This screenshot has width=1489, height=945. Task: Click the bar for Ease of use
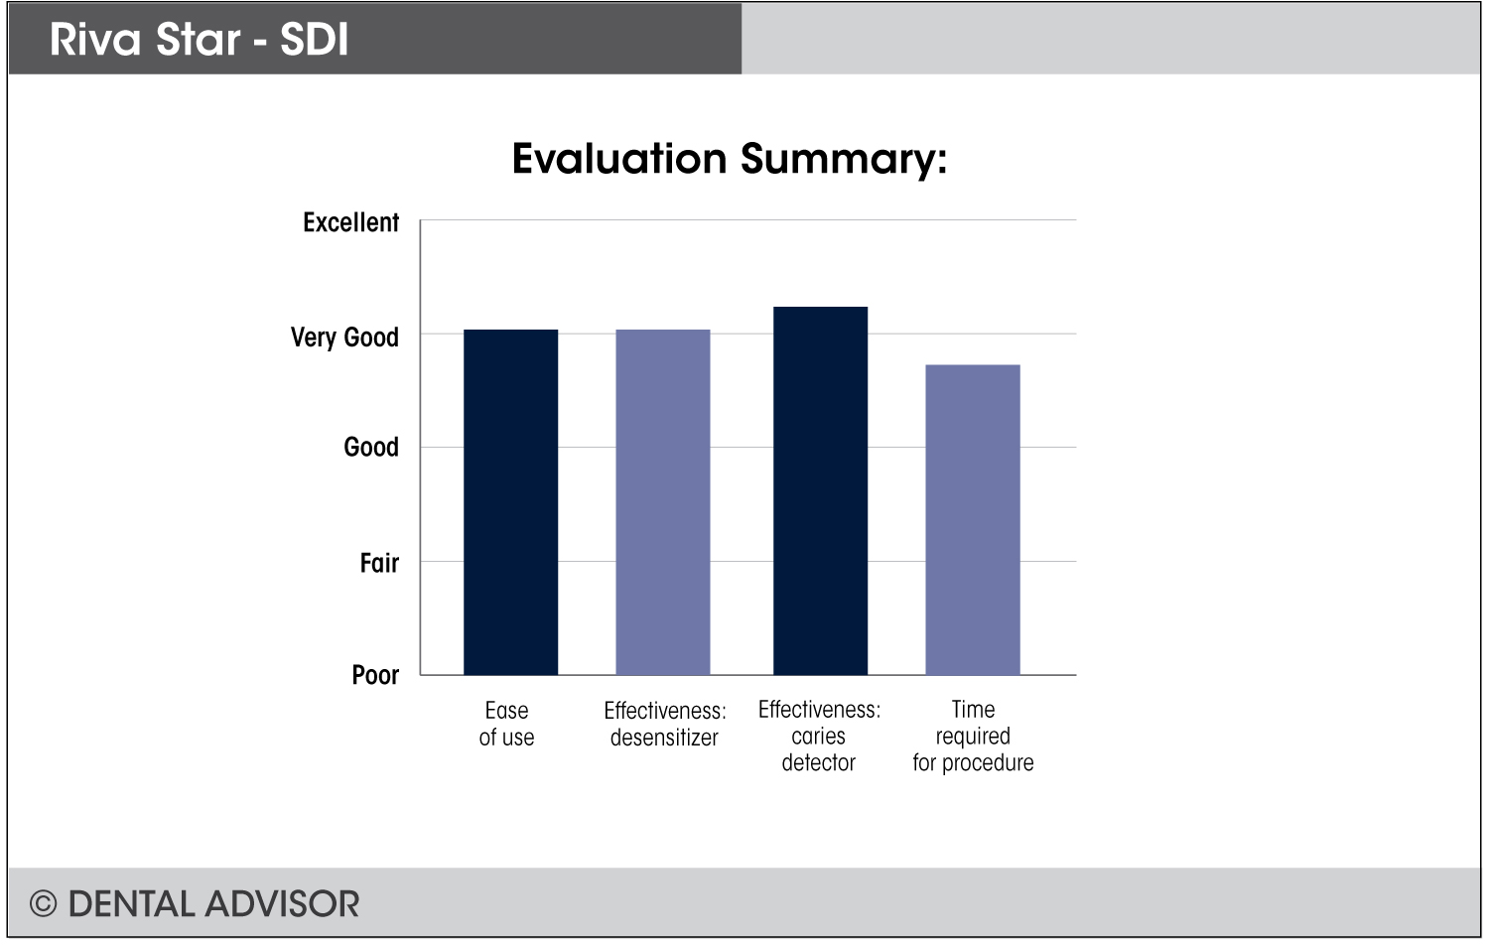click(510, 501)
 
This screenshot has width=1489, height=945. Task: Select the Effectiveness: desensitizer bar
click(663, 501)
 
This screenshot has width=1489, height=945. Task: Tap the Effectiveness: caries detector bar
click(820, 490)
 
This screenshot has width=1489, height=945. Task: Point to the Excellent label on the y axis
click(350, 222)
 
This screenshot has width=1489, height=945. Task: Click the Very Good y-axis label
click(344, 337)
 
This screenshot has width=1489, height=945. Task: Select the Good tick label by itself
click(371, 447)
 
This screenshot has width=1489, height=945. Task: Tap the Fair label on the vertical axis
click(379, 563)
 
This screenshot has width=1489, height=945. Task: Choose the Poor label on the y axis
click(375, 675)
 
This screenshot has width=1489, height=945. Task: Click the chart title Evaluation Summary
click(730, 159)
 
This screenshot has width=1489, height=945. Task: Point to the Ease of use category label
click(506, 724)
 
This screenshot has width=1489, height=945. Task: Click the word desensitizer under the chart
click(664, 738)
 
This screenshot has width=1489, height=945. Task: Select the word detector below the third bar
click(819, 762)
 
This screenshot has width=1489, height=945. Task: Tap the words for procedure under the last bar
click(973, 762)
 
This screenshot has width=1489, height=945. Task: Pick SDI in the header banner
click(314, 40)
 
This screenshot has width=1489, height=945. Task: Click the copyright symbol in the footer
click(43, 903)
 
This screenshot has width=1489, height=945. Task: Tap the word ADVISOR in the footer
click(283, 903)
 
